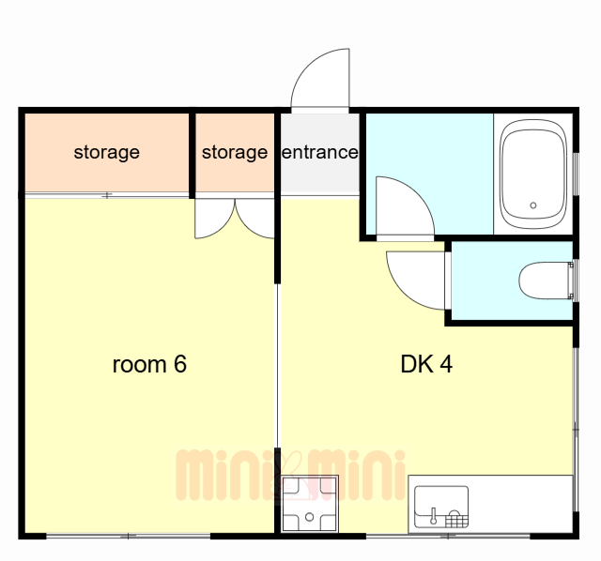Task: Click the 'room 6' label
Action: click(149, 364)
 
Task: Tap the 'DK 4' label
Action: click(426, 364)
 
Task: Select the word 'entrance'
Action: click(320, 152)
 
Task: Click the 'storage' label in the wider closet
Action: click(106, 153)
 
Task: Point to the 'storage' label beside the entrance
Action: click(235, 153)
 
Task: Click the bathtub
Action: click(533, 174)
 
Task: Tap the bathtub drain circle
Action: click(533, 205)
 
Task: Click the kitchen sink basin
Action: click(441, 507)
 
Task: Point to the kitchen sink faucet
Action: click(433, 516)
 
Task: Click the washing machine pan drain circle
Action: click(309, 517)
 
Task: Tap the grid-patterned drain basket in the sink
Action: click(457, 520)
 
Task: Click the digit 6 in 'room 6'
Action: click(180, 364)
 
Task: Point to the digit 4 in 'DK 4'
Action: click(446, 364)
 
